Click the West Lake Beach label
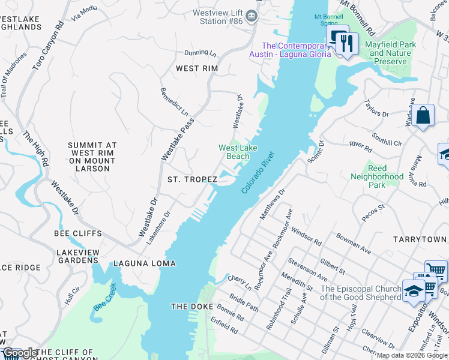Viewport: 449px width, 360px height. (234, 152)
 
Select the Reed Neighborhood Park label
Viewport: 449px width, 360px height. (377, 177)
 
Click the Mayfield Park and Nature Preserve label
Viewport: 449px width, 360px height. (390, 53)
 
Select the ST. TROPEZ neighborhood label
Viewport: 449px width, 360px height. (190, 179)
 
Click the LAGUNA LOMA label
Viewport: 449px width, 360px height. (145, 263)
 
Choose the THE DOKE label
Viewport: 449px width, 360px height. (188, 307)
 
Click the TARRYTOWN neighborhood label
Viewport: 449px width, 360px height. (420, 239)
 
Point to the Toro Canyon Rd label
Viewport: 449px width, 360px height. (48, 47)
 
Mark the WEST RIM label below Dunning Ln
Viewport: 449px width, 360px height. (196, 68)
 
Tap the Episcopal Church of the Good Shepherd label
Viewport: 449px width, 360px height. (360, 293)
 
